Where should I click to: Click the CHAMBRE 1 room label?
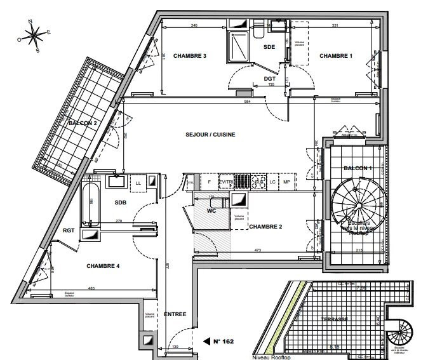click(x=335, y=57)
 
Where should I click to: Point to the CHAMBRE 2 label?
click(x=266, y=227)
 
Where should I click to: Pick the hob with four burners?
click(x=259, y=183)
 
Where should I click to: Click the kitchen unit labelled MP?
click(x=286, y=183)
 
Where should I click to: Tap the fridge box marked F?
click(x=209, y=183)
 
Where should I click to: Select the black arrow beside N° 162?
click(x=206, y=342)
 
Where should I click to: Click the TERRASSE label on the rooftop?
click(x=334, y=318)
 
